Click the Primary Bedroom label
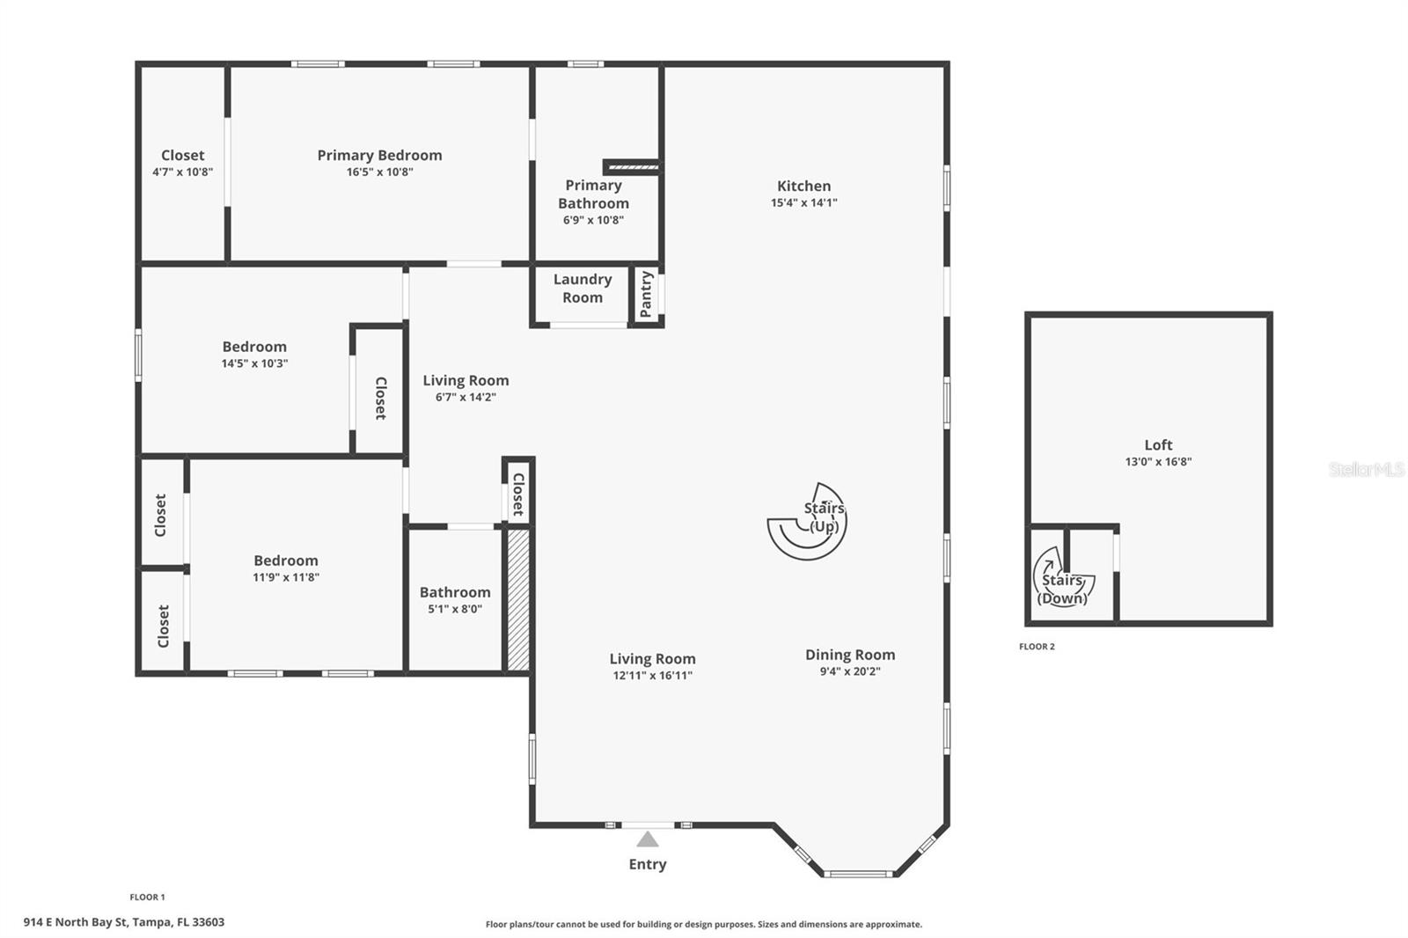[379, 155]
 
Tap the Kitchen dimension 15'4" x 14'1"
[803, 202]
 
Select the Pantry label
[646, 294]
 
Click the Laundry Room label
[582, 289]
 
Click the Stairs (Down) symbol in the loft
[1061, 581]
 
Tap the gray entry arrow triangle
[648, 839]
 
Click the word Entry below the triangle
[648, 864]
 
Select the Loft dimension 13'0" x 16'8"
[1158, 462]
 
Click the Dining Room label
[850, 655]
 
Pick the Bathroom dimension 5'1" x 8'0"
[455, 609]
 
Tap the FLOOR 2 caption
[1037, 647]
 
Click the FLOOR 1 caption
[147, 898]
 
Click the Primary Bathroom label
[593, 194]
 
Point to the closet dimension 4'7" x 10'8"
[182, 172]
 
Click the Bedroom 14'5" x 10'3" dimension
[254, 363]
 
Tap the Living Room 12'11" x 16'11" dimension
[652, 676]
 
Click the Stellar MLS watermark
[1366, 470]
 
